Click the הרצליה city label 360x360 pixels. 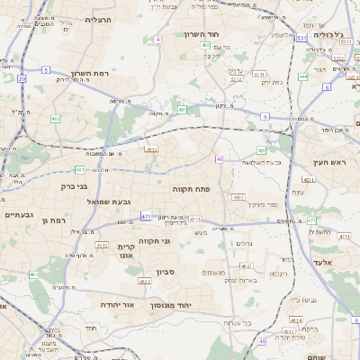(97, 19)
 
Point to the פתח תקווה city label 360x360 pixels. (191, 189)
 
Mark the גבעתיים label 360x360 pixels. (18, 215)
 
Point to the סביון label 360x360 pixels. (175, 271)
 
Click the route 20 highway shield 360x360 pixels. (21, 78)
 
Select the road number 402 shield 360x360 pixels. (56, 118)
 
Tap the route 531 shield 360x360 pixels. (301, 39)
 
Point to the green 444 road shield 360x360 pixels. (303, 77)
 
